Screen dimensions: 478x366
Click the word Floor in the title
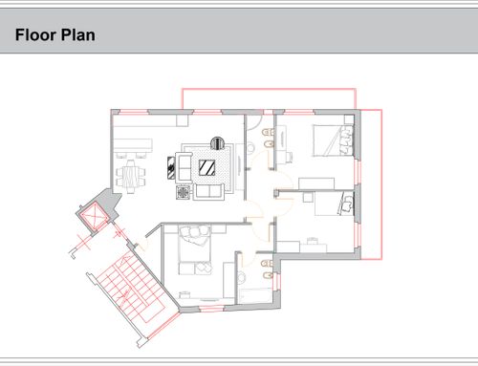coord(35,34)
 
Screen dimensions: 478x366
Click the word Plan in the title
coord(77,34)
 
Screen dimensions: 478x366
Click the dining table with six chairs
coord(131,177)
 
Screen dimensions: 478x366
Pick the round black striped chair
coord(218,143)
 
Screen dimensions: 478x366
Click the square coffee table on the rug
coord(206,167)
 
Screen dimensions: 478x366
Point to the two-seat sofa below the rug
coord(208,191)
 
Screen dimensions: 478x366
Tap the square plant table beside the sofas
coord(184,192)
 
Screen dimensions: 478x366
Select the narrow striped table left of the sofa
coord(171,167)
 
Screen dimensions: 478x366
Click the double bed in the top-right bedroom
coord(333,140)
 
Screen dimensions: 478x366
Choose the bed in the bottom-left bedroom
coord(195,249)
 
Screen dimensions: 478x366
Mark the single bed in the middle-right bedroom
coord(335,204)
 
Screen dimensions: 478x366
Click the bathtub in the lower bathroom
coord(255,295)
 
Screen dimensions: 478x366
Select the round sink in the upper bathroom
coord(250,147)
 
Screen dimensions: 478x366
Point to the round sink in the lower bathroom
coord(242,277)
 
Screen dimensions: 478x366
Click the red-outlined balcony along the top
coord(269,98)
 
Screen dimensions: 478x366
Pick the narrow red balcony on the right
coord(371,184)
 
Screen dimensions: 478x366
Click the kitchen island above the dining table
coord(133,145)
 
